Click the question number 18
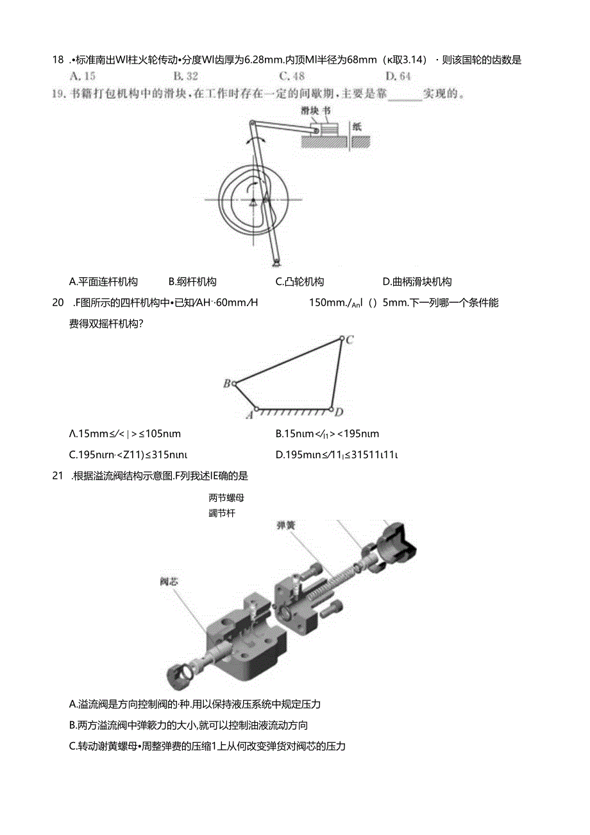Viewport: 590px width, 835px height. [x=58, y=60]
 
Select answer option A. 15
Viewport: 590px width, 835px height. [x=82, y=76]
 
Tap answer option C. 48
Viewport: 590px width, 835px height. [x=292, y=76]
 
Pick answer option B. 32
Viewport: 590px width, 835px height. [x=186, y=76]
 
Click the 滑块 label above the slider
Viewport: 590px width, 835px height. [x=310, y=110]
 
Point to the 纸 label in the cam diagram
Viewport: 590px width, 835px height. [x=357, y=126]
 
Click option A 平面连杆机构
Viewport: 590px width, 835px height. [x=103, y=281]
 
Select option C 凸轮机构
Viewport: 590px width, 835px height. [x=299, y=281]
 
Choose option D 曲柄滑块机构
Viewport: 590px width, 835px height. [x=417, y=281]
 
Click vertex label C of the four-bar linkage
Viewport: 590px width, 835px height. [x=350, y=340]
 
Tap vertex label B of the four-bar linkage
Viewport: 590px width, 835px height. [x=226, y=384]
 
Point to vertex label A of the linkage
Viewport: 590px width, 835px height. [x=249, y=415]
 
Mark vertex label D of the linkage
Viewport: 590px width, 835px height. [x=339, y=412]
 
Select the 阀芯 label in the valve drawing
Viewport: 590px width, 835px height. [x=169, y=581]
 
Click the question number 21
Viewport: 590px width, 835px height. [x=58, y=476]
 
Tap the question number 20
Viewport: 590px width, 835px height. [x=58, y=303]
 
